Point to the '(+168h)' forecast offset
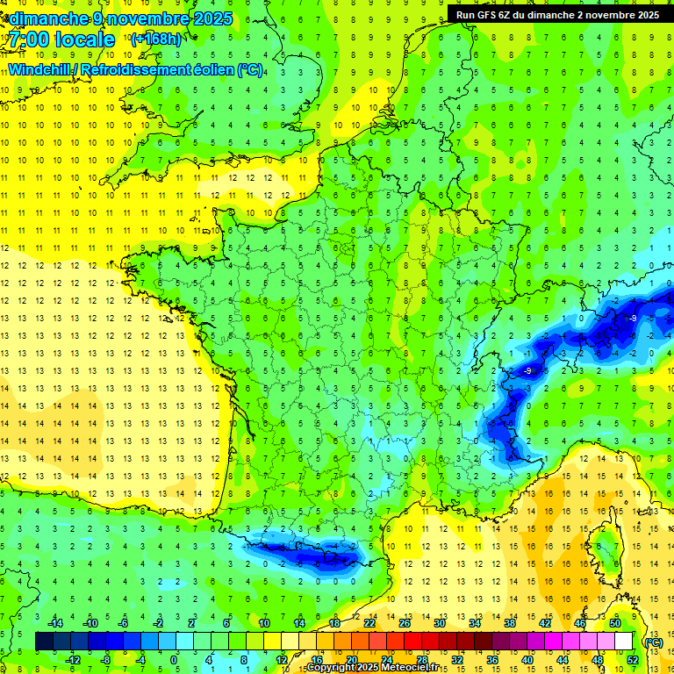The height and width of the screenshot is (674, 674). pyautogui.click(x=156, y=39)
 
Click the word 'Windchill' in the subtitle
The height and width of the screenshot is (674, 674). pyautogui.click(x=39, y=69)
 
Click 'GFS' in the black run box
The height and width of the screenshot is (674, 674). pyautogui.click(x=487, y=15)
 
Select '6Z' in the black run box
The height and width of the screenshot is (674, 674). pyautogui.click(x=506, y=15)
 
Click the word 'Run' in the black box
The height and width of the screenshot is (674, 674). pyautogui.click(x=467, y=15)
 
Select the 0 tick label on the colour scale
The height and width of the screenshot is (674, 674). pyautogui.click(x=173, y=660)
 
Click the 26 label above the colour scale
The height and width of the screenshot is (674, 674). pyautogui.click(x=405, y=623)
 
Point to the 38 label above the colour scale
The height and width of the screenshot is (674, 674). pyautogui.click(x=510, y=623)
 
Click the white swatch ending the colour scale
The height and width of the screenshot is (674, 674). pyautogui.click(x=624, y=642)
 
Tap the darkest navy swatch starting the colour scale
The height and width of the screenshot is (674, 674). pyautogui.click(x=44, y=642)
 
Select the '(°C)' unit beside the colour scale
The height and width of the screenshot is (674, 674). pyautogui.click(x=653, y=642)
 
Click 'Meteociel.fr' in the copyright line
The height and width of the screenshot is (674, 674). pyautogui.click(x=415, y=668)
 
